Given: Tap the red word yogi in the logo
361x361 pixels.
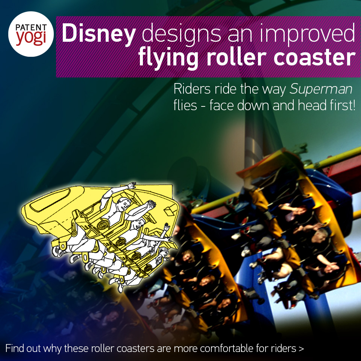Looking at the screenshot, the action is pos(31,38).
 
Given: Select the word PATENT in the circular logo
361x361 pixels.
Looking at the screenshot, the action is pos(31,27).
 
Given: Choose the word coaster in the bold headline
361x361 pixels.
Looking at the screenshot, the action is pos(315,58).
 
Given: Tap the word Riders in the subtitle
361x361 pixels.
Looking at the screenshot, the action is pos(192,89).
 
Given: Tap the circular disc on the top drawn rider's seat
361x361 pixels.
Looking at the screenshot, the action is pos(102,225).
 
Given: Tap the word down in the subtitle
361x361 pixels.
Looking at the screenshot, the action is pos(253,105).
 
